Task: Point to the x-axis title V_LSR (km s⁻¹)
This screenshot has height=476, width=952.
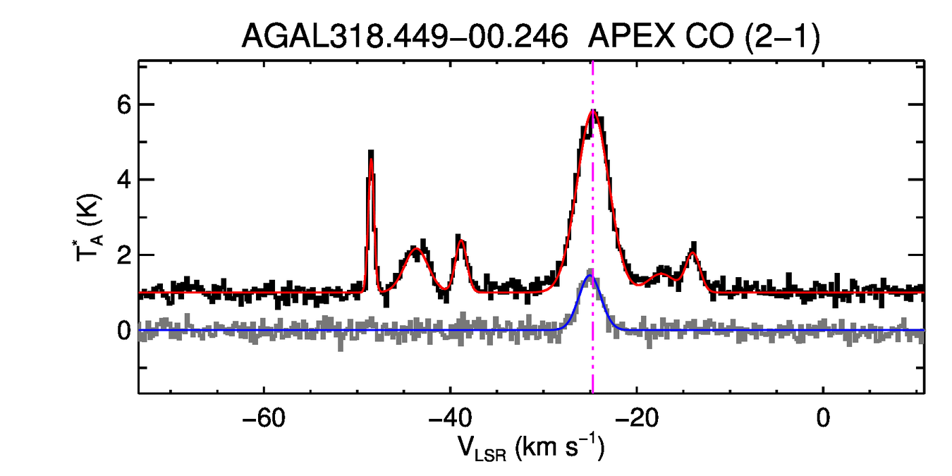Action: pyautogui.click(x=530, y=447)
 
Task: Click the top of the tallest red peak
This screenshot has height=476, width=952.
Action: pyautogui.click(x=593, y=111)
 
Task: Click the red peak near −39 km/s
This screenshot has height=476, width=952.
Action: pyautogui.click(x=460, y=241)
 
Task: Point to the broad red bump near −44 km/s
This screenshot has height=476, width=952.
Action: pyautogui.click(x=416, y=250)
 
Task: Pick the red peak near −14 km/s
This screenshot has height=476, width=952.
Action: pyautogui.click(x=693, y=252)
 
